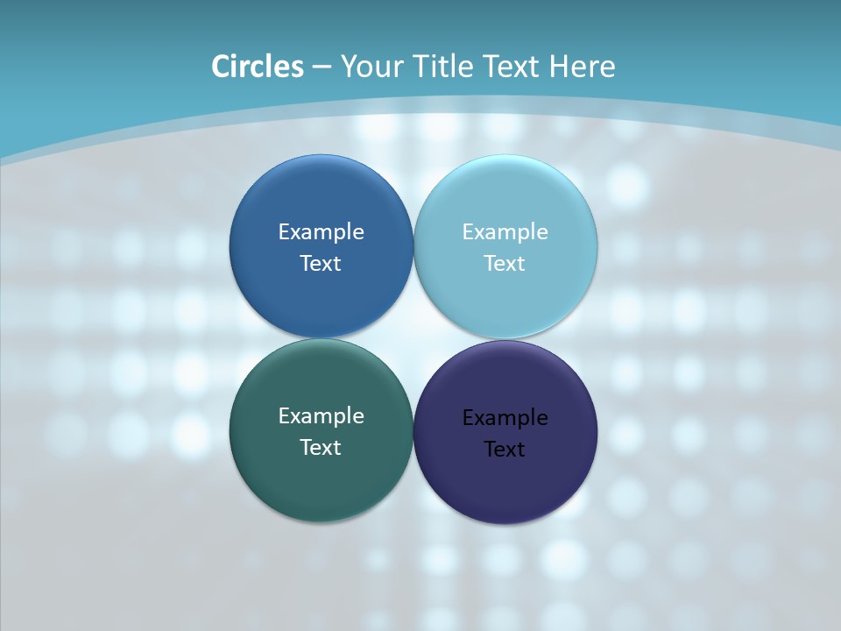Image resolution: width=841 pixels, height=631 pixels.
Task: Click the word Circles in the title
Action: pyautogui.click(x=258, y=67)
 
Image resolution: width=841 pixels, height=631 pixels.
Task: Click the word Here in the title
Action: pyautogui.click(x=583, y=67)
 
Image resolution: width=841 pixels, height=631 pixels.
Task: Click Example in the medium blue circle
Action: pyautogui.click(x=322, y=232)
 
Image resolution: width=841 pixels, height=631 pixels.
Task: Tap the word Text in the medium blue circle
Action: pyautogui.click(x=321, y=264)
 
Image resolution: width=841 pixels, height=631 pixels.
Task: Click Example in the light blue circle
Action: pyautogui.click(x=505, y=232)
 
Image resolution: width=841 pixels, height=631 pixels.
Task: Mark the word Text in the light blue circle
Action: pyautogui.click(x=505, y=264)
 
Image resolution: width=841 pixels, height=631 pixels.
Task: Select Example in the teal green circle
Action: pyautogui.click(x=322, y=416)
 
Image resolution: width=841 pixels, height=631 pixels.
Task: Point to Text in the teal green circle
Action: pyautogui.click(x=321, y=448)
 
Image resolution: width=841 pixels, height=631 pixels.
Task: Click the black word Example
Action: pyautogui.click(x=505, y=418)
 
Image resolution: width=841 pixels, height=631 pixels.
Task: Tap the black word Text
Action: pyautogui.click(x=505, y=450)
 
